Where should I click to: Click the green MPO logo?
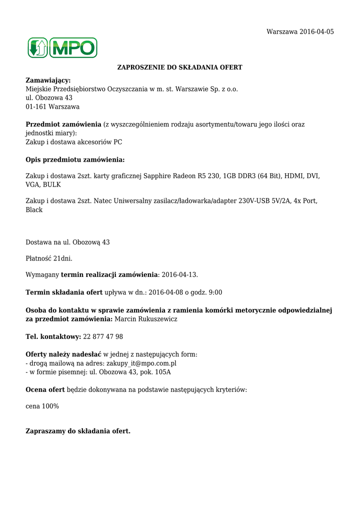[62, 48]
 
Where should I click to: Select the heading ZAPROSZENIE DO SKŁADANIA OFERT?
[180, 67]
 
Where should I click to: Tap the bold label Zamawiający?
[48, 80]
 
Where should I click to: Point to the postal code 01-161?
[35, 107]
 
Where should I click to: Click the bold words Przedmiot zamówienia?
[63, 125]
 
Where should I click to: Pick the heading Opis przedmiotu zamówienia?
[75, 160]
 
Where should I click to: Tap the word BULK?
[53, 185]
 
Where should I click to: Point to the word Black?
[34, 210]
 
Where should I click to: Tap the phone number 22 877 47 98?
[103, 337]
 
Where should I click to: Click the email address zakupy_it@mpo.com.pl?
[142, 363]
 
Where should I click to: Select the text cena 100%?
[42, 406]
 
